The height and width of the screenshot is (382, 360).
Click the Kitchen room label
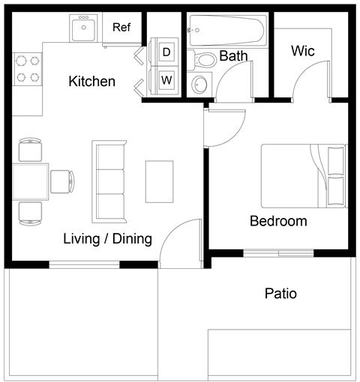(91, 81)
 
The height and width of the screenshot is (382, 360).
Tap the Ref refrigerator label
(121, 28)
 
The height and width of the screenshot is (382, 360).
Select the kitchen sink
(82, 30)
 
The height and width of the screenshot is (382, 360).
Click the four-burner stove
(27, 69)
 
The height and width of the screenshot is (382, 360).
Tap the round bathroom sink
(199, 82)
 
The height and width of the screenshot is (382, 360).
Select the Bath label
(233, 56)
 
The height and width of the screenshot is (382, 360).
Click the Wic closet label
(302, 51)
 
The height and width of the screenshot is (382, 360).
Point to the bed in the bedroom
(304, 176)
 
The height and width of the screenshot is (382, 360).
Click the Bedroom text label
(278, 221)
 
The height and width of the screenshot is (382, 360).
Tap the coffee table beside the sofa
(159, 181)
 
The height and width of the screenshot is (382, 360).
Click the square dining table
(30, 181)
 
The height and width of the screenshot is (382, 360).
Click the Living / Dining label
(107, 240)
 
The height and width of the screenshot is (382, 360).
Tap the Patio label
(280, 294)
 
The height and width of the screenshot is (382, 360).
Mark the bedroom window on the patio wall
(278, 252)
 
